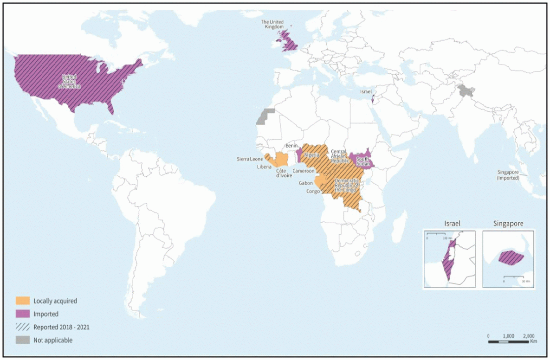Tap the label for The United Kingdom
(272, 24)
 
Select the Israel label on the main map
(366, 92)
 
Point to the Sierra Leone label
(250, 159)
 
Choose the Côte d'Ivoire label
(284, 173)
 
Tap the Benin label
(291, 146)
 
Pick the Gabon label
(306, 183)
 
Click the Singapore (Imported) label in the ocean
(508, 175)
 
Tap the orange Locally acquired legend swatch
(23, 301)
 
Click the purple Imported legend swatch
(23, 314)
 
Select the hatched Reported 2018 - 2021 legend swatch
(23, 327)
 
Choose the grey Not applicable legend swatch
(23, 340)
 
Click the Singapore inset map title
(508, 224)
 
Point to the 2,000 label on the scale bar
(528, 335)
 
